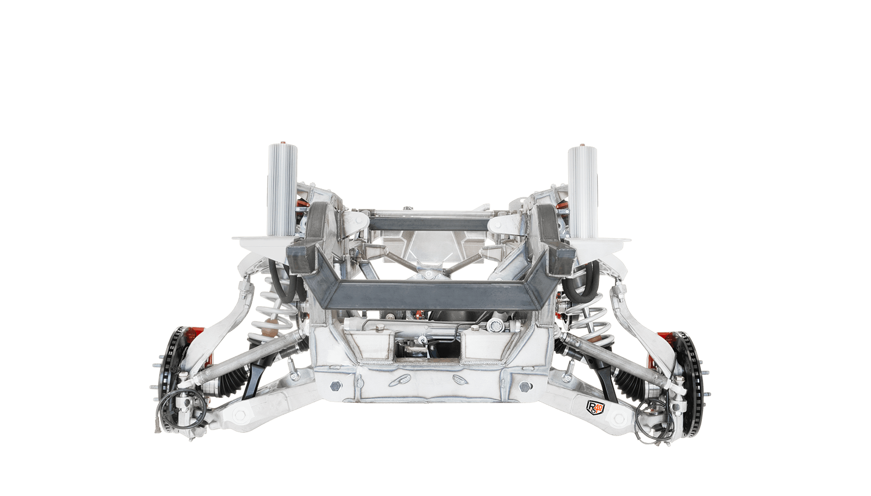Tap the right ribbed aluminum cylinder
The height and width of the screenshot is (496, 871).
coord(583,192)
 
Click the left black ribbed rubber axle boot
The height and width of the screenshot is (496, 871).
coord(233,377)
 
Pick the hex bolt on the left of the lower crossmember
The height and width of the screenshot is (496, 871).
coord(335,386)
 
